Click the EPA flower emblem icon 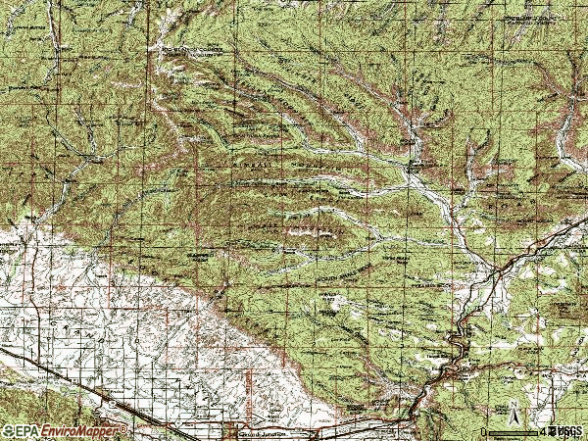pyautogui.click(x=9, y=431)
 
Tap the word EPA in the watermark pyautogui.click(x=27, y=431)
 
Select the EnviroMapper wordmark pyautogui.click(x=82, y=431)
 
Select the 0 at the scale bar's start pyautogui.click(x=483, y=431)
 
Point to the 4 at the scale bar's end pyautogui.click(x=541, y=431)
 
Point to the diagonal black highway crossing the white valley pyautogui.click(x=78, y=382)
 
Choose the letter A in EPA pyautogui.click(x=35, y=431)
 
